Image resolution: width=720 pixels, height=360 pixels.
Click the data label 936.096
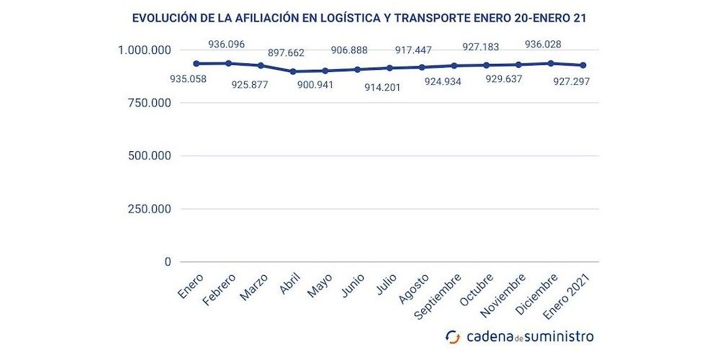pos(227,45)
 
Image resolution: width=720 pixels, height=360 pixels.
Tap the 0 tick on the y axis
pos(167,262)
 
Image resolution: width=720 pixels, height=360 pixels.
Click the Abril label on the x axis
pos(289,285)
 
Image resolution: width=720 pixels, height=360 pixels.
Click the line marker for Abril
pos(292,71)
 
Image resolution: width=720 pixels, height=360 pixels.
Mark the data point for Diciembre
pos(551,63)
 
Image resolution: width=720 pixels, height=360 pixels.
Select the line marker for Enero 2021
pos(583,66)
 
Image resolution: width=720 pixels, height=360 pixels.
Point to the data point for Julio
pos(390,68)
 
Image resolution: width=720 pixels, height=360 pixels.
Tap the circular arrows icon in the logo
pos(453,337)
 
